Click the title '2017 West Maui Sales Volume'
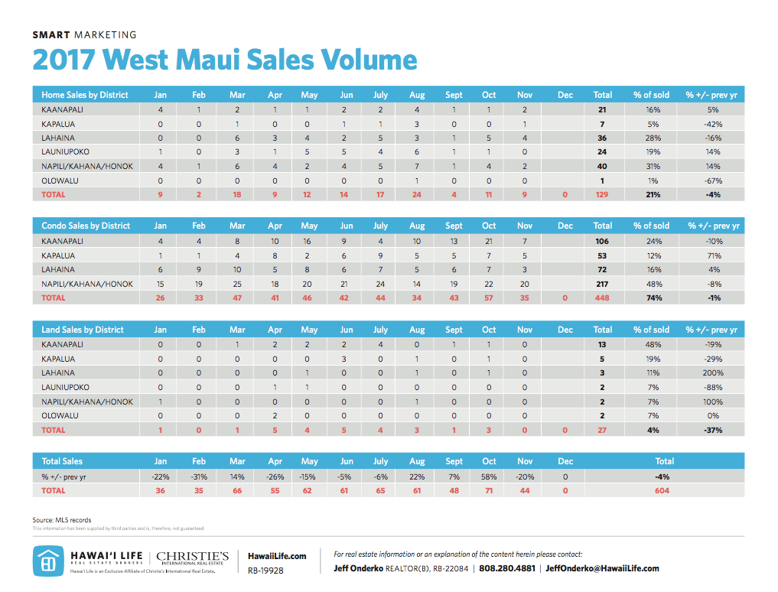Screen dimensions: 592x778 [x=224, y=60]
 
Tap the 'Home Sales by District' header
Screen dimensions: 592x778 [x=85, y=95]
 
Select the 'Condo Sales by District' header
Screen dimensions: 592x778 [x=86, y=226]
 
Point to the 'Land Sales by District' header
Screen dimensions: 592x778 [x=83, y=330]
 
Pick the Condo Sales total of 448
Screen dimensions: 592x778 [x=602, y=298]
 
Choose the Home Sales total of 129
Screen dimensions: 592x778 [x=602, y=195]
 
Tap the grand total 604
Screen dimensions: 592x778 [x=664, y=490]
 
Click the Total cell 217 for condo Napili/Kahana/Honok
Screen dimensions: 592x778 [x=602, y=284]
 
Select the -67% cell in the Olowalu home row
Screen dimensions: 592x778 [x=712, y=181]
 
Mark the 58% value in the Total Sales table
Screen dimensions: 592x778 [x=489, y=476]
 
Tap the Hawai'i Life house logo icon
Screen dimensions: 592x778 [x=47, y=561]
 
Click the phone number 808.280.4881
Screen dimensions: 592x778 [x=509, y=568]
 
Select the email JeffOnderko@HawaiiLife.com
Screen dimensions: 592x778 [x=602, y=568]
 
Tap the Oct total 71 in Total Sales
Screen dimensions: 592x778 [x=489, y=490]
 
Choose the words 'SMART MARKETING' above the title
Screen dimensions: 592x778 [x=85, y=34]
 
